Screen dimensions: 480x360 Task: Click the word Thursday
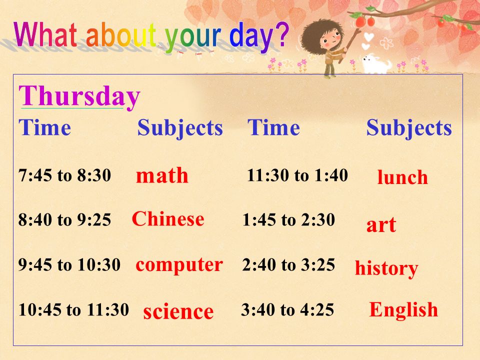point(79,96)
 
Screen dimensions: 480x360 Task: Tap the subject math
point(162,175)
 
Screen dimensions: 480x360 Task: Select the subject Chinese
point(168,219)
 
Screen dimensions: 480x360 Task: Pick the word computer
point(179,265)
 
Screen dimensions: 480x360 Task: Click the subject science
point(178,311)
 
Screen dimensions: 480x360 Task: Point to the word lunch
point(402,177)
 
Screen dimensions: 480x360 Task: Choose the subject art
point(381,225)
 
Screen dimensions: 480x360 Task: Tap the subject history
point(386,268)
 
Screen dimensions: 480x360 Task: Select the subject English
point(403,310)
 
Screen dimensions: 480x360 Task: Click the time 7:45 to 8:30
point(64,175)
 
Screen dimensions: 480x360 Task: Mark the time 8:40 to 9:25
point(64,219)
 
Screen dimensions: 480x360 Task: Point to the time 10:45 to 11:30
point(73,309)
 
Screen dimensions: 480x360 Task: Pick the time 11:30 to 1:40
point(297,175)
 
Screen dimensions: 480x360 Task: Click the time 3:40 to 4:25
point(287,309)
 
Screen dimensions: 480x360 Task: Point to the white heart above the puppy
point(369,36)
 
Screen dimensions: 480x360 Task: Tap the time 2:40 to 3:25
point(288,265)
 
